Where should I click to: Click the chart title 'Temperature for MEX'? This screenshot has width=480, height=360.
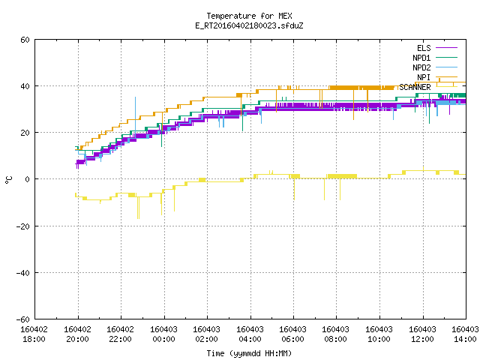pyautogui.click(x=249, y=16)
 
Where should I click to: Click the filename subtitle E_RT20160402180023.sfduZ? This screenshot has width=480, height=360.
pyautogui.click(x=249, y=25)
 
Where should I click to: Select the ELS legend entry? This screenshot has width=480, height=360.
pyautogui.click(x=436, y=48)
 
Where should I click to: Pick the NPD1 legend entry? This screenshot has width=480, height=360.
pyautogui.click(x=435, y=58)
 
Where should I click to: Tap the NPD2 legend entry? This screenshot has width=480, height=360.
pyautogui.click(x=435, y=67)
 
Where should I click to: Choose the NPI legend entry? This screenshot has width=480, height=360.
pyautogui.click(x=436, y=77)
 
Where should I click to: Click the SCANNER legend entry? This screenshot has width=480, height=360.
pyautogui.click(x=428, y=87)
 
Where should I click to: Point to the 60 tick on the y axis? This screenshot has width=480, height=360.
pyautogui.click(x=25, y=40)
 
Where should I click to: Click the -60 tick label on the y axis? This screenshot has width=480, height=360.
pyautogui.click(x=23, y=319)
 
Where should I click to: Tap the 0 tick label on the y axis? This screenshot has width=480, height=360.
pyautogui.click(x=28, y=179)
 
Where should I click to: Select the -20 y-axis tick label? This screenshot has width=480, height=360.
pyautogui.click(x=23, y=226)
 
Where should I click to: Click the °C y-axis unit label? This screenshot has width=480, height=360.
pyautogui.click(x=9, y=180)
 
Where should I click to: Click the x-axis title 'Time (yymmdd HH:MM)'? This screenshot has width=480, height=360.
pyautogui.click(x=249, y=353)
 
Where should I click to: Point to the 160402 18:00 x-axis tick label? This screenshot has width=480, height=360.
pyautogui.click(x=34, y=334)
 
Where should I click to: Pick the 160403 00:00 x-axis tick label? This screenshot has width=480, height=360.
pyautogui.click(x=163, y=334)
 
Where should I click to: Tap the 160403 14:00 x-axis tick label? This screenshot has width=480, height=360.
pyautogui.click(x=465, y=334)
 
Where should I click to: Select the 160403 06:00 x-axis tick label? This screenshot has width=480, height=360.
pyautogui.click(x=293, y=334)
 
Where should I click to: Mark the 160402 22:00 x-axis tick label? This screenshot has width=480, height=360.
pyautogui.click(x=120, y=334)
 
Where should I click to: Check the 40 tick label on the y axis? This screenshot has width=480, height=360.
pyautogui.click(x=25, y=86)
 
